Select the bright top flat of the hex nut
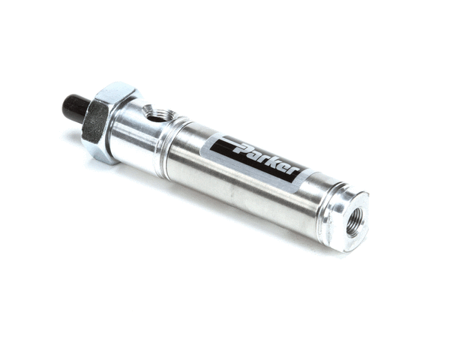click(x=116, y=91)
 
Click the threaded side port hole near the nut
click(x=157, y=114)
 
